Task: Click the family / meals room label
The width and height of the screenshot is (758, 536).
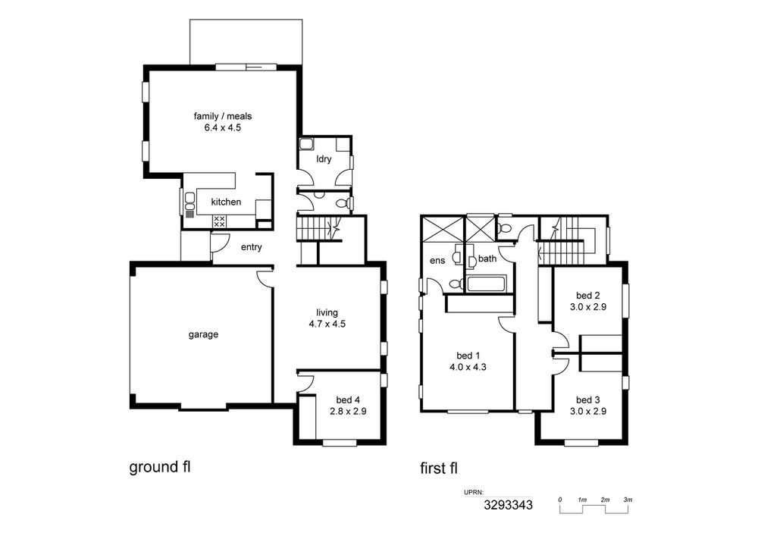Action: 222,116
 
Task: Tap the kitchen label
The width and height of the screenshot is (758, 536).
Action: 226,202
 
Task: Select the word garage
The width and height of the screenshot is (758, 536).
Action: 203,334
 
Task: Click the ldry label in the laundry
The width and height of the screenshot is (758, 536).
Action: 324,158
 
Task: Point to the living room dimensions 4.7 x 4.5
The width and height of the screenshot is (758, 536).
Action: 327,324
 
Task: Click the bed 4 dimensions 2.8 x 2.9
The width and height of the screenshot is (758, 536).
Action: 348,412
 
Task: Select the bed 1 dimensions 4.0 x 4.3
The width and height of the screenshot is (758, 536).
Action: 468,368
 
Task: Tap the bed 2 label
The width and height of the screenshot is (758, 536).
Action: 588,296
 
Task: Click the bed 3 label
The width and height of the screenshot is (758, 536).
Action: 588,400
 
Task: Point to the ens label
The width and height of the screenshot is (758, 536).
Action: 437,261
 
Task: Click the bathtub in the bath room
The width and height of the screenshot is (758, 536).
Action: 487,284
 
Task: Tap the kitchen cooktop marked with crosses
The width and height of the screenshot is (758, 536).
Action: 219,222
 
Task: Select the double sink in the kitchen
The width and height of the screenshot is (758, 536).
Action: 189,203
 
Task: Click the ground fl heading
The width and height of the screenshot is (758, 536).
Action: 159,467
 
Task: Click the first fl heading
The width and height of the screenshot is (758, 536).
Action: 439,469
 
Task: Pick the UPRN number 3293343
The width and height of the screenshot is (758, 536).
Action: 508,506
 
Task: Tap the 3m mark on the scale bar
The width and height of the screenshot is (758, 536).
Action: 628,500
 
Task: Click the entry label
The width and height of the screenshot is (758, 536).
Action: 252,247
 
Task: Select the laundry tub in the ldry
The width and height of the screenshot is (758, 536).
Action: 307,144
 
